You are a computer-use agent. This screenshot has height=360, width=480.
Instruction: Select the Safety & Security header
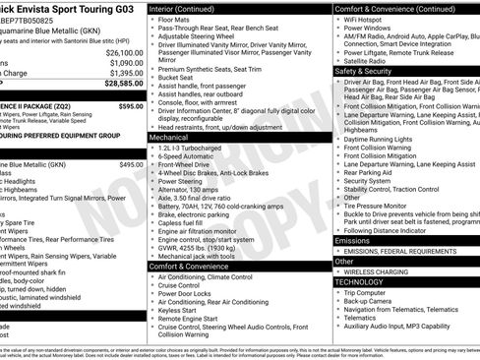pyautogui.click(x=369, y=72)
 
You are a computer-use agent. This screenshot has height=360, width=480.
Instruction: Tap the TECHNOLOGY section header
pyautogui.click(x=361, y=281)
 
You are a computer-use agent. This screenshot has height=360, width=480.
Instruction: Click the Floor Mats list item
pyautogui.click(x=177, y=19)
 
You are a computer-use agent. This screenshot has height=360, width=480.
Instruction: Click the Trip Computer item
pyautogui.click(x=367, y=292)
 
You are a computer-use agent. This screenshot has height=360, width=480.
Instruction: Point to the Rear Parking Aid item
pyautogui.click(x=372, y=172)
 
